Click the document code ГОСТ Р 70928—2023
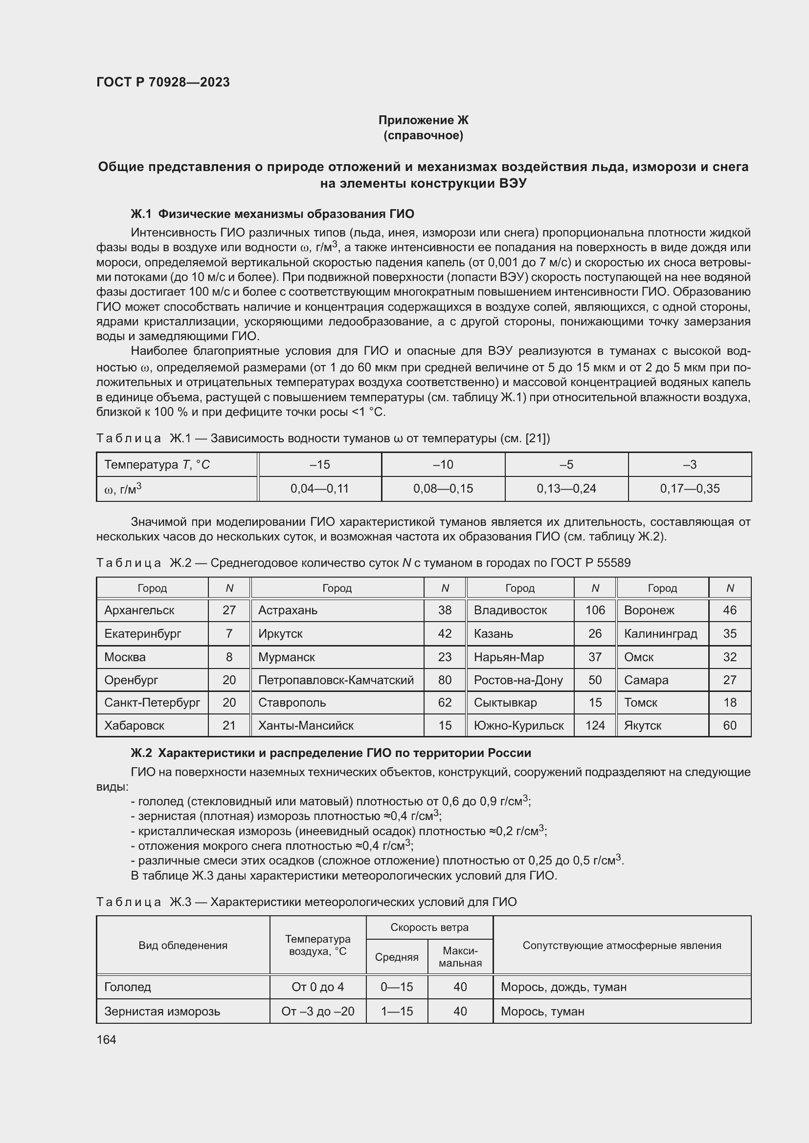click(x=163, y=82)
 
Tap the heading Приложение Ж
click(x=423, y=120)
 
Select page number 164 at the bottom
click(x=106, y=1039)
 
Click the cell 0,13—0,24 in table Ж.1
click(x=566, y=488)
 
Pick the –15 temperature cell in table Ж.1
click(x=319, y=464)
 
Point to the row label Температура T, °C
click(x=157, y=464)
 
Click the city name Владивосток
click(x=510, y=610)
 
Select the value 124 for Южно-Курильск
click(x=595, y=725)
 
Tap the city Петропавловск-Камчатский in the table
click(x=336, y=680)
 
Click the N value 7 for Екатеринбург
click(x=229, y=633)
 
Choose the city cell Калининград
click(x=660, y=633)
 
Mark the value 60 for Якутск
click(x=729, y=725)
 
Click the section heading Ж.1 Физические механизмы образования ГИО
click(x=272, y=214)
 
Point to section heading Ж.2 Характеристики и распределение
click(x=331, y=753)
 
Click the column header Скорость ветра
click(x=429, y=927)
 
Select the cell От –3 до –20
click(x=318, y=1011)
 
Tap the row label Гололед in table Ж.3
click(x=128, y=987)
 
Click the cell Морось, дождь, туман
click(x=563, y=987)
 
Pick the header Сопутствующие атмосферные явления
click(x=622, y=945)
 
